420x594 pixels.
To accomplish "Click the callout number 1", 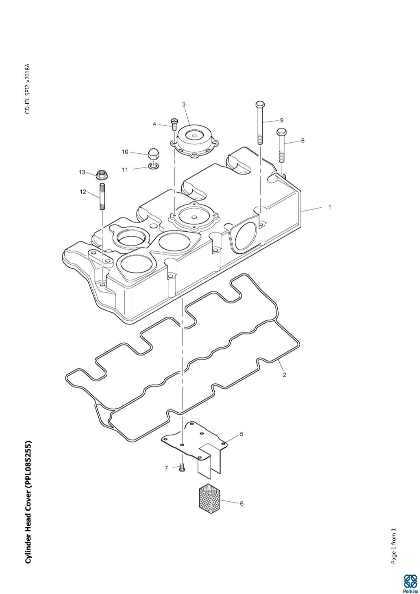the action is pyautogui.click(x=330, y=207).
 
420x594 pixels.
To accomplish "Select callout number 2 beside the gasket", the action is pyautogui.click(x=285, y=375).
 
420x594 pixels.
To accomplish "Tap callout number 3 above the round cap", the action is pyautogui.click(x=184, y=104).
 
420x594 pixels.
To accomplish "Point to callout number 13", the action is pyautogui.click(x=82, y=172).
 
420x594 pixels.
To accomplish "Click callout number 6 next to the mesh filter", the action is pyautogui.click(x=242, y=503).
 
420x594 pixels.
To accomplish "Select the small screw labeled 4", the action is pyautogui.click(x=174, y=124).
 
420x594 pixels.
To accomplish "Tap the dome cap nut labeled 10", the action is pyautogui.click(x=152, y=154).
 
